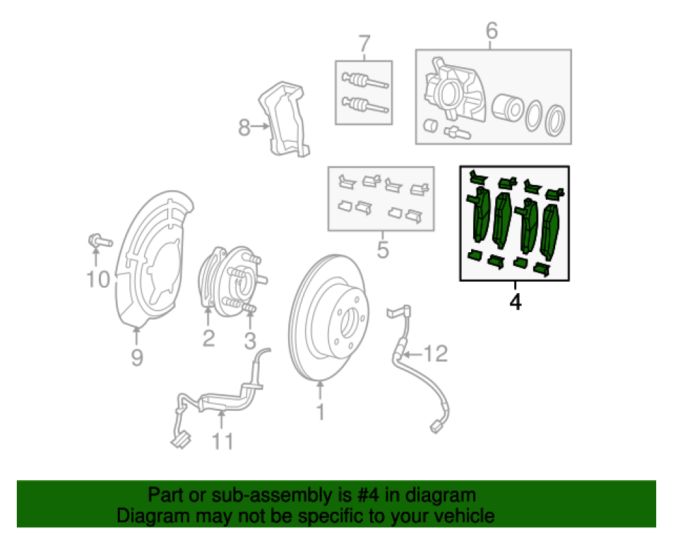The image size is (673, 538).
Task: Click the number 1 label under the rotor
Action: click(320, 412)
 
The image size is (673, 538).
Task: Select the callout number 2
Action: click(209, 338)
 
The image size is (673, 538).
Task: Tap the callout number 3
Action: click(250, 340)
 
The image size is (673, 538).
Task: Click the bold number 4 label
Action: click(515, 303)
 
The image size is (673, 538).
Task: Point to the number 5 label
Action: click(383, 250)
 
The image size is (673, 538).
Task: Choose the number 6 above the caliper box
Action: click(491, 31)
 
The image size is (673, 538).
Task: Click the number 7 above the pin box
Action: click(364, 44)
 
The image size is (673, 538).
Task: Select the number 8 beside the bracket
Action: click(244, 126)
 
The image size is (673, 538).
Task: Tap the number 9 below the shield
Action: click(137, 358)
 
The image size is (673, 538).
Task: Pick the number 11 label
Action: click(223, 441)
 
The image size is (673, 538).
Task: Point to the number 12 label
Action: click(436, 353)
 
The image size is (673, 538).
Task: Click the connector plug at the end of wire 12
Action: click(435, 425)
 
